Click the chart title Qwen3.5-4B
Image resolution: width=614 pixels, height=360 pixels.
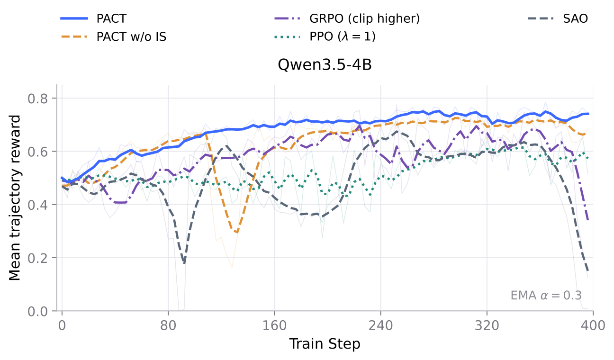pyautogui.click(x=325, y=65)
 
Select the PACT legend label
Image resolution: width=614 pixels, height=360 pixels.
pyautogui.click(x=111, y=18)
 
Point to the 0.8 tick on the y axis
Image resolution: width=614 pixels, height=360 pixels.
pyautogui.click(x=37, y=99)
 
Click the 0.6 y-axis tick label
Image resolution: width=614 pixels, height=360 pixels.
pyautogui.click(x=37, y=152)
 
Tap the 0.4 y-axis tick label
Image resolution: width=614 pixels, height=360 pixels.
pyautogui.click(x=37, y=205)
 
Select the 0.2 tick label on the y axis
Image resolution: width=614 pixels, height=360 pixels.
pyautogui.click(x=37, y=258)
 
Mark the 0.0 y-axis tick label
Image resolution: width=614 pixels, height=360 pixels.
pyautogui.click(x=37, y=311)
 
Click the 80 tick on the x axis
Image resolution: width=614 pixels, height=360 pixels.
pyautogui.click(x=168, y=326)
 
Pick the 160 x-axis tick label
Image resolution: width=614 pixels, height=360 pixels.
pyautogui.click(x=274, y=326)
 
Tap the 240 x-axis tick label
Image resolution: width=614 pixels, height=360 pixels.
pyautogui.click(x=380, y=326)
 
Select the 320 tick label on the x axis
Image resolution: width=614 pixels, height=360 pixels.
pyautogui.click(x=487, y=326)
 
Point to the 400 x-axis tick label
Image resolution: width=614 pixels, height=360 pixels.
pyautogui.click(x=593, y=326)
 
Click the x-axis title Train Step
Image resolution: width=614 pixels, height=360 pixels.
pyautogui.click(x=325, y=344)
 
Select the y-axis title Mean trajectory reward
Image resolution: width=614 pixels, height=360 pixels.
pyautogui.click(x=15, y=198)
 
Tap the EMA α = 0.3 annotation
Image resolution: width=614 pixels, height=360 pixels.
pyautogui.click(x=546, y=296)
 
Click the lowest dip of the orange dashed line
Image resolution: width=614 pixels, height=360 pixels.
pyautogui.click(x=236, y=232)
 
